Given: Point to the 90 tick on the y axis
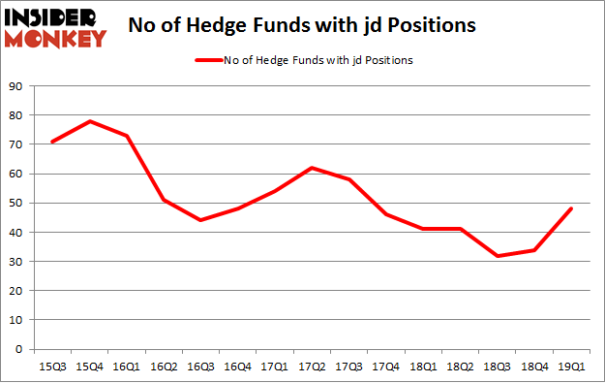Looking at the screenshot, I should (x=16, y=87).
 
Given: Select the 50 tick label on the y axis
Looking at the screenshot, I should (x=16, y=204).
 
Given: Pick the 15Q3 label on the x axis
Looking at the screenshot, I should (x=51, y=367).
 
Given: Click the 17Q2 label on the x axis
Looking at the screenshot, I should (x=311, y=367).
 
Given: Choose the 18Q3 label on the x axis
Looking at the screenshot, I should (x=497, y=367).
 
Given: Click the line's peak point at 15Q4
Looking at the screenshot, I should (x=89, y=121).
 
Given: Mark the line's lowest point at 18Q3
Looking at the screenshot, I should (x=497, y=256).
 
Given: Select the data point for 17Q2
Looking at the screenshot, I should (x=311, y=168).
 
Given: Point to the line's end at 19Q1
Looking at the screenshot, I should (x=571, y=208).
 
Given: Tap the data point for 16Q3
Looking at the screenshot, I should (x=200, y=220).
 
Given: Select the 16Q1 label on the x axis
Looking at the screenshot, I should (x=126, y=367).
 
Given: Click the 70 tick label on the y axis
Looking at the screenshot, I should (x=16, y=145).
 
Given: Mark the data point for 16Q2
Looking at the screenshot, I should (x=163, y=200).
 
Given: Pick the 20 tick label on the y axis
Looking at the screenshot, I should (x=16, y=291).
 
